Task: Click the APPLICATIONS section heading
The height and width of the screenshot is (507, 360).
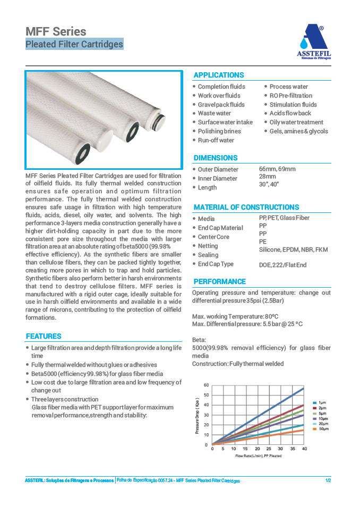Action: tap(219, 75)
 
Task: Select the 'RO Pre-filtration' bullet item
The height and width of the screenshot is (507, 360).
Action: tap(290, 96)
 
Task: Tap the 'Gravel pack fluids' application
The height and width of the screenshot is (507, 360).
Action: tap(221, 105)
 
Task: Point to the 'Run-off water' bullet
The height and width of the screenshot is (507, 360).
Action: tap(216, 140)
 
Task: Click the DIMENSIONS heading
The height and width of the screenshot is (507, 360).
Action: tap(216, 158)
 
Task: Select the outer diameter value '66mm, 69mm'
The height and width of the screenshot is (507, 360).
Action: tap(277, 169)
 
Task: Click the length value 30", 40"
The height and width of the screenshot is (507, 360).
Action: tap(269, 184)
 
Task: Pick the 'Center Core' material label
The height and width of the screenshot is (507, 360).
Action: tap(213, 237)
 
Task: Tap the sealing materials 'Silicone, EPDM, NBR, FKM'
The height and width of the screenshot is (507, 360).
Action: tap(293, 250)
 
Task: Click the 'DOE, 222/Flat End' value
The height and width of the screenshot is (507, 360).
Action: tap(282, 264)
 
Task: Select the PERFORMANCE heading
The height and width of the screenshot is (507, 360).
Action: tap(219, 281)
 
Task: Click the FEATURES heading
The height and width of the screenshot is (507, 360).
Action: tap(44, 336)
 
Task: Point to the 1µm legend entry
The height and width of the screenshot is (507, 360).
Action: tap(322, 403)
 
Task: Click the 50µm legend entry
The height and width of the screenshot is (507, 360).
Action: tap(323, 428)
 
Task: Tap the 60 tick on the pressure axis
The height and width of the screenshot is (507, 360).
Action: tap(207, 385)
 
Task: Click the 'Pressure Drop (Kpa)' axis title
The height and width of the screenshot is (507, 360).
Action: tap(198, 415)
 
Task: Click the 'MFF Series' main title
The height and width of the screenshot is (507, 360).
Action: tap(56, 32)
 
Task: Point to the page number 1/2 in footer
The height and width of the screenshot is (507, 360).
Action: tap(328, 480)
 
